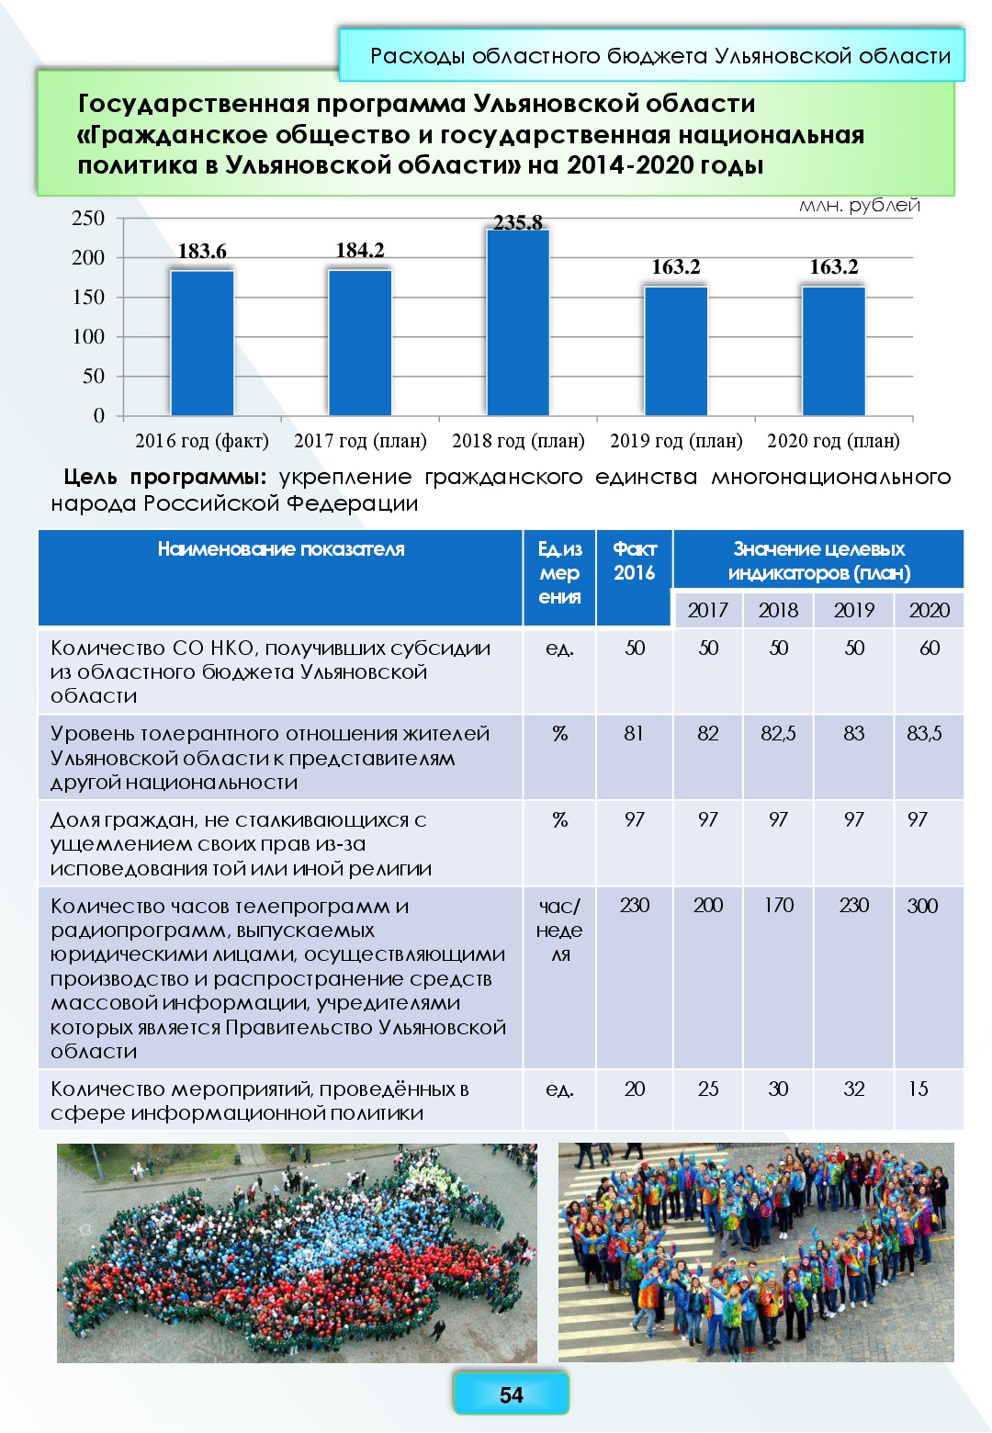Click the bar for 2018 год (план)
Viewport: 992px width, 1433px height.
click(x=518, y=322)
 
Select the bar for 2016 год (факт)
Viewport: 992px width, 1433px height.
click(x=202, y=342)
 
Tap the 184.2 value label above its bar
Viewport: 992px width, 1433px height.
click(x=360, y=250)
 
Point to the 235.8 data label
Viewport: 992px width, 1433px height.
click(x=518, y=222)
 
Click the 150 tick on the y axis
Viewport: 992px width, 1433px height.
click(x=88, y=297)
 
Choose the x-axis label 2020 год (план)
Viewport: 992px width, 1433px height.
click(x=833, y=441)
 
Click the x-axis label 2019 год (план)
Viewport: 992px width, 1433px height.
click(x=676, y=441)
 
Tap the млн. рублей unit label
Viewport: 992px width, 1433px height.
click(x=859, y=205)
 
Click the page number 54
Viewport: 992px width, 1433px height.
click(x=511, y=1394)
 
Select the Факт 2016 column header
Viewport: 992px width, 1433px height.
click(x=634, y=561)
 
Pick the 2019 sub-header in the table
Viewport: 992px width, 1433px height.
click(x=853, y=610)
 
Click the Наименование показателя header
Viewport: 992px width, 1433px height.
click(x=280, y=549)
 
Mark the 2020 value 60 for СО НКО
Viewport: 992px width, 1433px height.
click(x=929, y=648)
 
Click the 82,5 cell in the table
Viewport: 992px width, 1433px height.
click(x=778, y=733)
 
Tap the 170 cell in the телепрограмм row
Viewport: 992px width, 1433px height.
click(x=778, y=905)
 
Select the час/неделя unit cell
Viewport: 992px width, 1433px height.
click(x=559, y=930)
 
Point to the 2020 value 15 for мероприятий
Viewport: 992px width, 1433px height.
click(x=918, y=1089)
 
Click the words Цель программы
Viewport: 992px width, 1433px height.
click(x=164, y=477)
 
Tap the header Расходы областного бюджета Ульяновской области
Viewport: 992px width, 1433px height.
click(x=659, y=56)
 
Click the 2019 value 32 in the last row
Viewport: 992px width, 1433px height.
click(x=853, y=1089)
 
